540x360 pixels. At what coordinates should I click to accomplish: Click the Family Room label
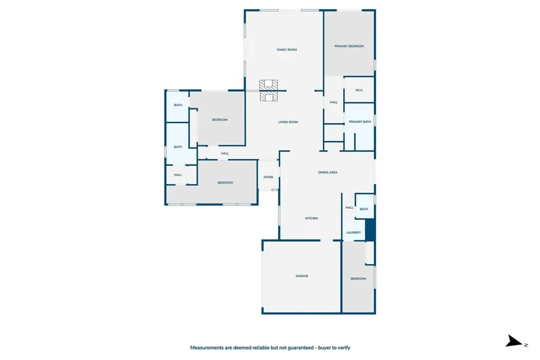(286, 50)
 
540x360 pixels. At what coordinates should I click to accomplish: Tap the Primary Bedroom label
(349, 46)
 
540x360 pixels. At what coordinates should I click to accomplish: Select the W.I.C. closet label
(359, 90)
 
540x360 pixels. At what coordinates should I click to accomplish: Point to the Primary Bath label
(360, 122)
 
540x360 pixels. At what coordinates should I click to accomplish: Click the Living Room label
(288, 122)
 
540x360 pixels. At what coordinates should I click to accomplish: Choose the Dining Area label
(327, 172)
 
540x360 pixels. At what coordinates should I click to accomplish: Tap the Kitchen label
(311, 219)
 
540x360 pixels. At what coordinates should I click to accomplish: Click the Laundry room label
(354, 232)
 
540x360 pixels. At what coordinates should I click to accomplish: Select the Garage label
(302, 276)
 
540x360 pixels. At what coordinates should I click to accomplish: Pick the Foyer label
(268, 177)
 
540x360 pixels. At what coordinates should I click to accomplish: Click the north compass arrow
(514, 341)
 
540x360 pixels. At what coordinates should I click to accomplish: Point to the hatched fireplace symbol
(268, 91)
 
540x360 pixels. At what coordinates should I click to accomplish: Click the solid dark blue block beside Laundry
(370, 230)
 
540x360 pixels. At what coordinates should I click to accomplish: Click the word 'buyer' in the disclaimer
(324, 348)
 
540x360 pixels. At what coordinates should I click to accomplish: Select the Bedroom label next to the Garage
(358, 279)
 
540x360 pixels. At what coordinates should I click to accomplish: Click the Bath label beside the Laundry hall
(364, 209)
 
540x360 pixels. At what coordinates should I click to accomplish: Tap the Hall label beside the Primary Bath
(334, 102)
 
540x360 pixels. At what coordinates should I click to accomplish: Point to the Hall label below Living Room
(225, 153)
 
